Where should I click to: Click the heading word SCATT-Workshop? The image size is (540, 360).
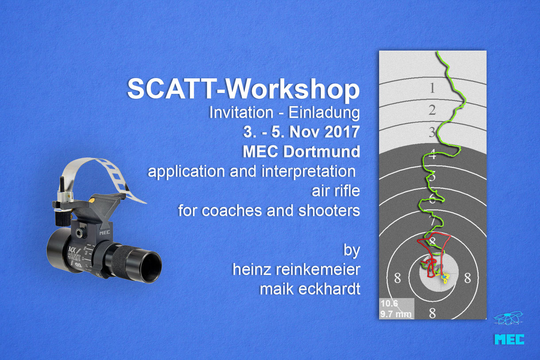pyautogui.click(x=243, y=89)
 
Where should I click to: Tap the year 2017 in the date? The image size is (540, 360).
pyautogui.click(x=343, y=132)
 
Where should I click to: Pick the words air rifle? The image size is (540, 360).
pyautogui.click(x=336, y=191)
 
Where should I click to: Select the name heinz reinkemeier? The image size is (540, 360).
pyautogui.click(x=296, y=270)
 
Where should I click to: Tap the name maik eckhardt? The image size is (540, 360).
pyautogui.click(x=310, y=290)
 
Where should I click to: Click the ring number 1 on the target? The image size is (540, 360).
pyautogui.click(x=432, y=89)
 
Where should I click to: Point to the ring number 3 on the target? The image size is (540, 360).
pyautogui.click(x=432, y=132)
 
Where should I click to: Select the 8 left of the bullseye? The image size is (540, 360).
pyautogui.click(x=397, y=278)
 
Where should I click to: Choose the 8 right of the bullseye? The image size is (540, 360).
pyautogui.click(x=467, y=278)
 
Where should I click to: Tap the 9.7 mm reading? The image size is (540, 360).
pyautogui.click(x=396, y=314)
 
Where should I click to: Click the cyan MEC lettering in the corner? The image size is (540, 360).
pyautogui.click(x=509, y=339)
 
